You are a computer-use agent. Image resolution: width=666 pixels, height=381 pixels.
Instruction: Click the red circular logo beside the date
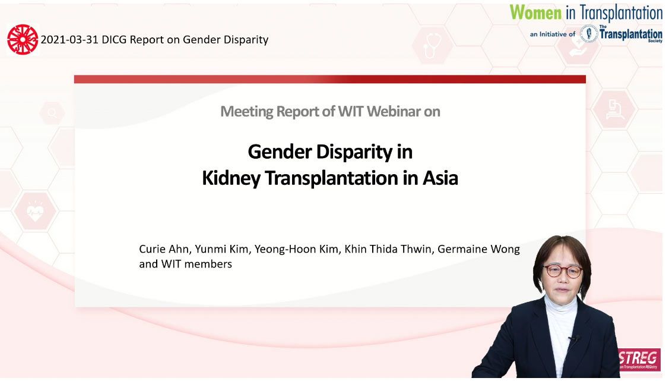click(x=23, y=40)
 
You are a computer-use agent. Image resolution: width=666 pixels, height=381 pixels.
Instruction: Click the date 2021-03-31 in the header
click(x=69, y=40)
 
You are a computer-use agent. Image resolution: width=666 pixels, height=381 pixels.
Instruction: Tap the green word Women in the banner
click(x=535, y=12)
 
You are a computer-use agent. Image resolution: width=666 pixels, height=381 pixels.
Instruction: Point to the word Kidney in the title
click(x=231, y=178)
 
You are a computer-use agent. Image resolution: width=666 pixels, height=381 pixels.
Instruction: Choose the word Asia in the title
click(x=440, y=178)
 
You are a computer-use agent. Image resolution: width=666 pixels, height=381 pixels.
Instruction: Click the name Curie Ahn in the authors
click(x=163, y=249)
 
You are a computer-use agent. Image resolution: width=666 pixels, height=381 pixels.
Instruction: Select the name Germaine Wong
click(x=478, y=249)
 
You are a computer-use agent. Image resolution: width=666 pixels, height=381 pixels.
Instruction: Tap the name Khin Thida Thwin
click(x=388, y=249)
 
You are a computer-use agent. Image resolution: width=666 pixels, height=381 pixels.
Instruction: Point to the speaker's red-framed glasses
click(x=563, y=271)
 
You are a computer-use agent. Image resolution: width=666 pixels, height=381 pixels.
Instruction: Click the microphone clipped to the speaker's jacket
click(x=574, y=339)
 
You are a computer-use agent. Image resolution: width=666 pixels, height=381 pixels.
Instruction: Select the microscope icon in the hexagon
click(x=614, y=109)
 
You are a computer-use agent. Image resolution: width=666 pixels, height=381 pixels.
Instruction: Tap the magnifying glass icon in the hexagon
click(x=53, y=113)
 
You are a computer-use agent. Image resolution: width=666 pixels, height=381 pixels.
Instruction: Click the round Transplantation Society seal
click(x=589, y=34)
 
